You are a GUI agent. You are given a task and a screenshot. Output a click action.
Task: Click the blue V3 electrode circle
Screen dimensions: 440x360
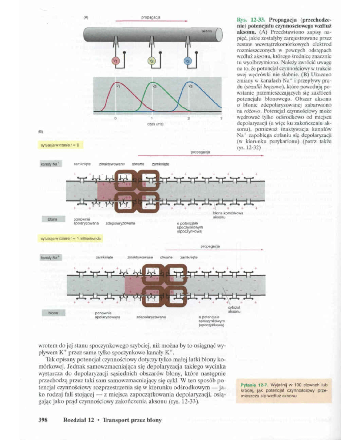(x=187, y=61)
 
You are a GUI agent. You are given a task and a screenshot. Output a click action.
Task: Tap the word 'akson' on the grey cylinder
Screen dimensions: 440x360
(x=206, y=32)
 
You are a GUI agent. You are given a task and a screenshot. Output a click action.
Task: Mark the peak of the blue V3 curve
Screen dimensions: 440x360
(x=189, y=82)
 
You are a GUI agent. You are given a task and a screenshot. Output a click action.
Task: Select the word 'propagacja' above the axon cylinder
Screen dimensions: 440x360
(x=150, y=17)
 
